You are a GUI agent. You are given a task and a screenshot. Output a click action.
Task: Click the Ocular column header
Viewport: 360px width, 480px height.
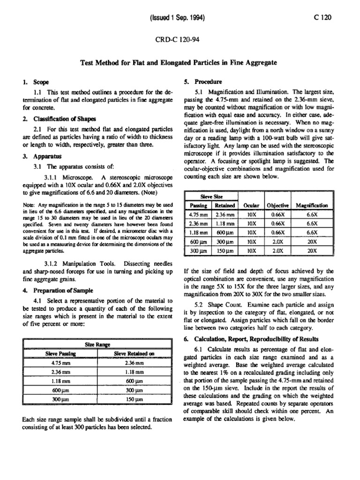[x=251, y=206]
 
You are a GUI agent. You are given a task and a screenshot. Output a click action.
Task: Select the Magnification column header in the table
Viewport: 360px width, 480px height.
[x=312, y=206]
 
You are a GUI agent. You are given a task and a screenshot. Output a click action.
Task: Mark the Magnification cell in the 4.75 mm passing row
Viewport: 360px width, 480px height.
[x=312, y=215]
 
